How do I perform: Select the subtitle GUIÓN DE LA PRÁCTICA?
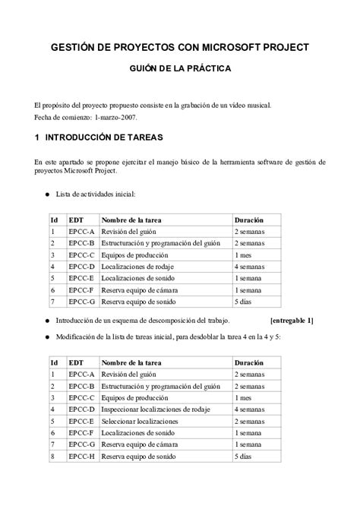180,69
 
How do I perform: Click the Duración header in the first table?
248,219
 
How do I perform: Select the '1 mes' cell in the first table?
245,255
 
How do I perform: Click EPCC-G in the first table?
81,302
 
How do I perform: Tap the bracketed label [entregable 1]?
292,321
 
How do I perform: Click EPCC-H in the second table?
81,457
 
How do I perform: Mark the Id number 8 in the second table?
52,457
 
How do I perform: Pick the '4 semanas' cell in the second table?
249,409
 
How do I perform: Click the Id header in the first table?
54,219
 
